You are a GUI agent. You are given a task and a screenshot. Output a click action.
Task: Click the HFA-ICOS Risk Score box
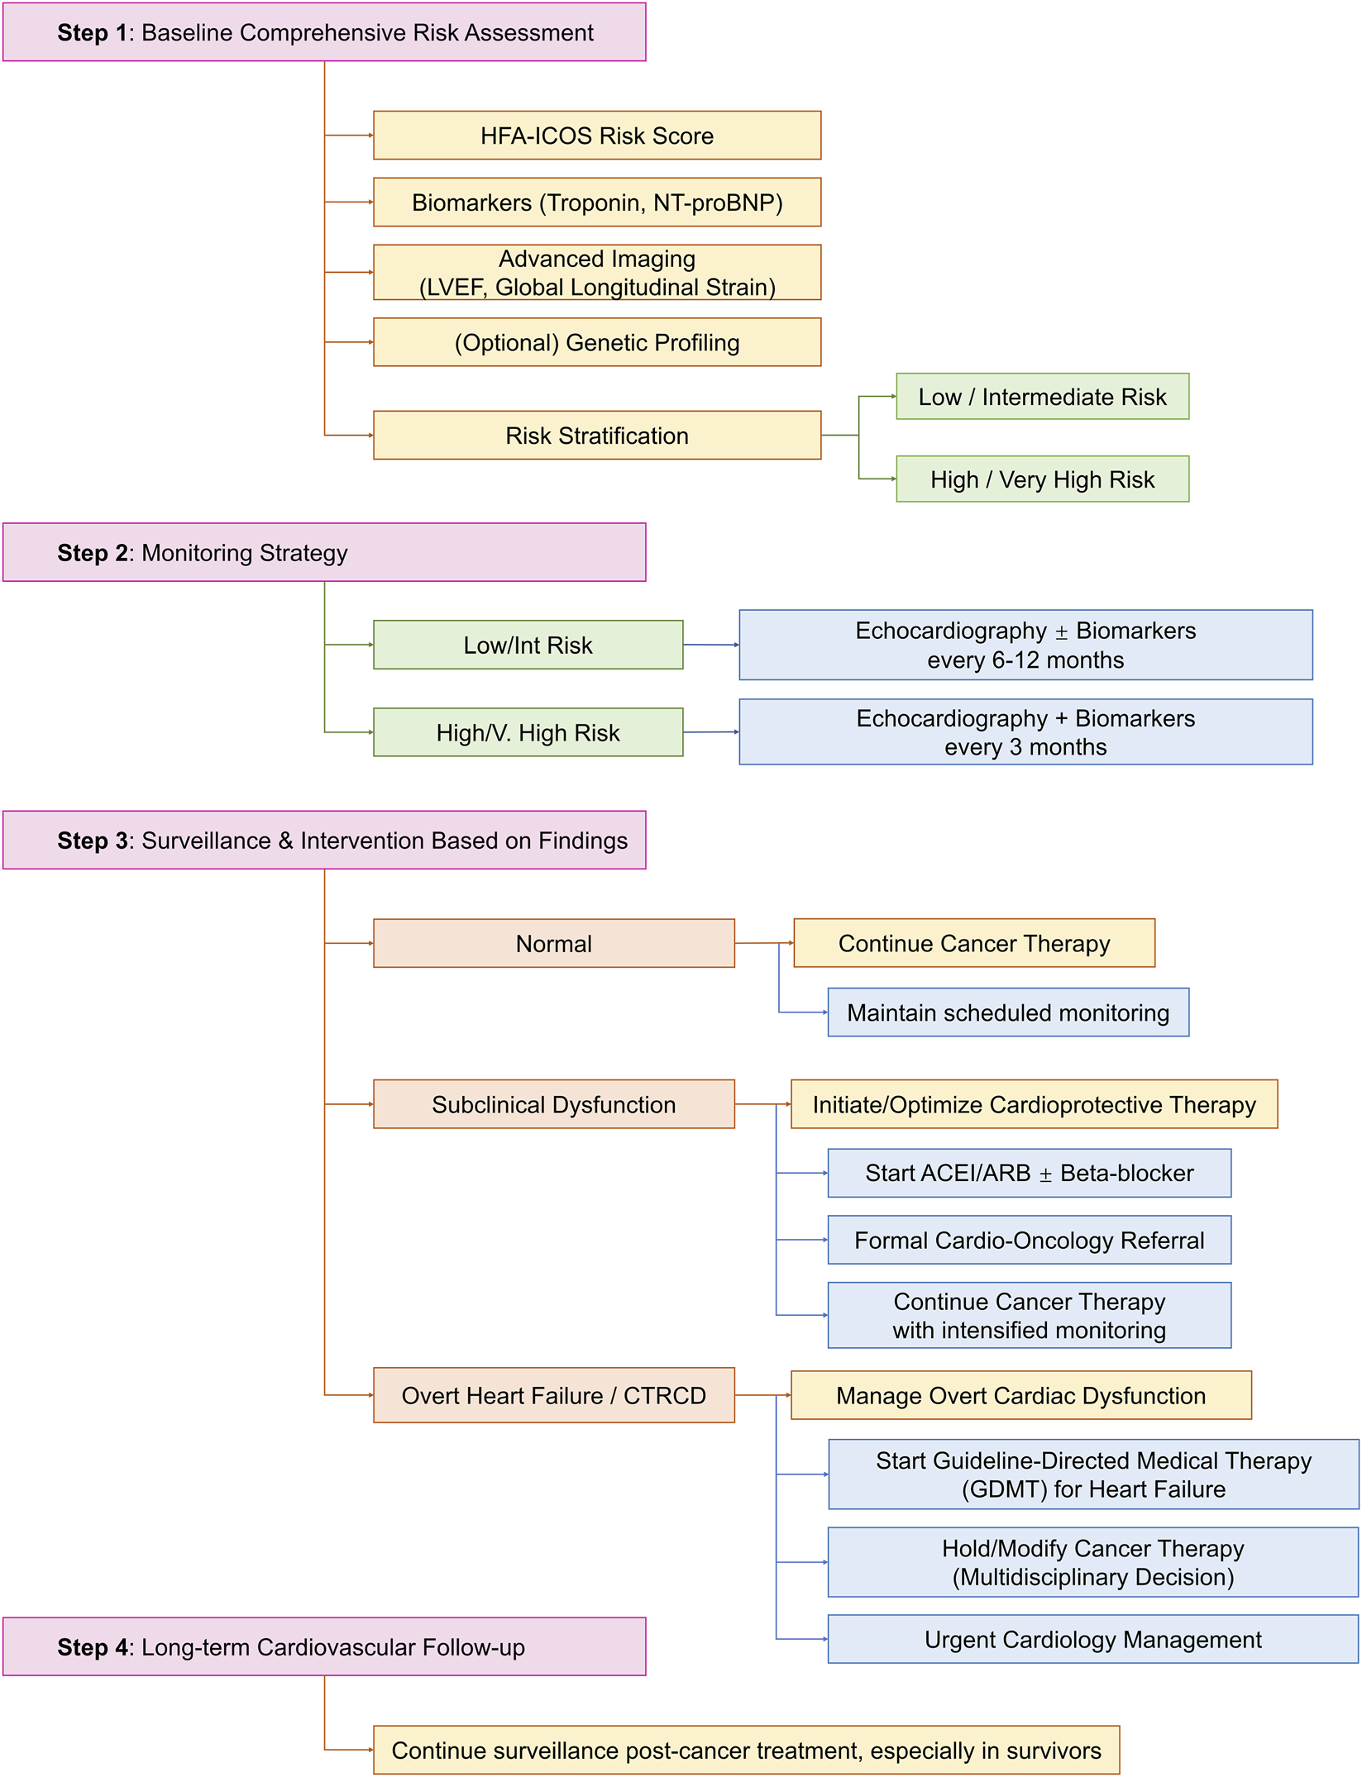pyautogui.click(x=596, y=136)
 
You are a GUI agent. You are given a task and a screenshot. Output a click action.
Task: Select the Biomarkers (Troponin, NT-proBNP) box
pyautogui.click(x=596, y=202)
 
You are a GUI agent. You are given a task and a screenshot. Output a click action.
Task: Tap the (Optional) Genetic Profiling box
pyautogui.click(x=596, y=342)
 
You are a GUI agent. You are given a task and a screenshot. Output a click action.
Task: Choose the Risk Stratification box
pyautogui.click(x=596, y=436)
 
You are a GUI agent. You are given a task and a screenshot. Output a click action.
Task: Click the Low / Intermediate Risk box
pyautogui.click(x=1042, y=397)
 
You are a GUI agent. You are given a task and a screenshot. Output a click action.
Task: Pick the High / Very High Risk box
pyautogui.click(x=1042, y=479)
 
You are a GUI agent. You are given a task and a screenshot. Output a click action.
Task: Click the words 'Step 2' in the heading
pyautogui.click(x=92, y=553)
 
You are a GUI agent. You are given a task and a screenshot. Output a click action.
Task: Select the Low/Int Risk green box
pyautogui.click(x=528, y=646)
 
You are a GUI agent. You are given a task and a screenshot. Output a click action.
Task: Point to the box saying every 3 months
pyautogui.click(x=1025, y=732)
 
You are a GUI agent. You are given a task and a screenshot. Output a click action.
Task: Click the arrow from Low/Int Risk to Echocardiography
pyautogui.click(x=711, y=645)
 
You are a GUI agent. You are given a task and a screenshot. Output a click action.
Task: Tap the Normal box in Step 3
pyautogui.click(x=553, y=944)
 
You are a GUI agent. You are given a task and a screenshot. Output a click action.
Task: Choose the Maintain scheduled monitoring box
pyautogui.click(x=1007, y=1012)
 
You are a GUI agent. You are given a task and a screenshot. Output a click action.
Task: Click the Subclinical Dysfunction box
pyautogui.click(x=553, y=1105)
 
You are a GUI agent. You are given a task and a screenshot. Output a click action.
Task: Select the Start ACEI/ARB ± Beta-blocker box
pyautogui.click(x=1029, y=1173)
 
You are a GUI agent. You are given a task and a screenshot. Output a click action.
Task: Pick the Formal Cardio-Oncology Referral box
pyautogui.click(x=1029, y=1240)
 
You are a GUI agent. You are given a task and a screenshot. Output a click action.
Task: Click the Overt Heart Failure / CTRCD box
pyautogui.click(x=553, y=1396)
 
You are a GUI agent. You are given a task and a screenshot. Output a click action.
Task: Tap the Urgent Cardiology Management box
pyautogui.click(x=1092, y=1640)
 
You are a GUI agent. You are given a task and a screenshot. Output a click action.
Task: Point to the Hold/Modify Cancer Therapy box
pyautogui.click(x=1092, y=1562)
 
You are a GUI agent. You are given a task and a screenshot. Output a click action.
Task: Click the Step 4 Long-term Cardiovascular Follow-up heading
pyautogui.click(x=323, y=1647)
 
